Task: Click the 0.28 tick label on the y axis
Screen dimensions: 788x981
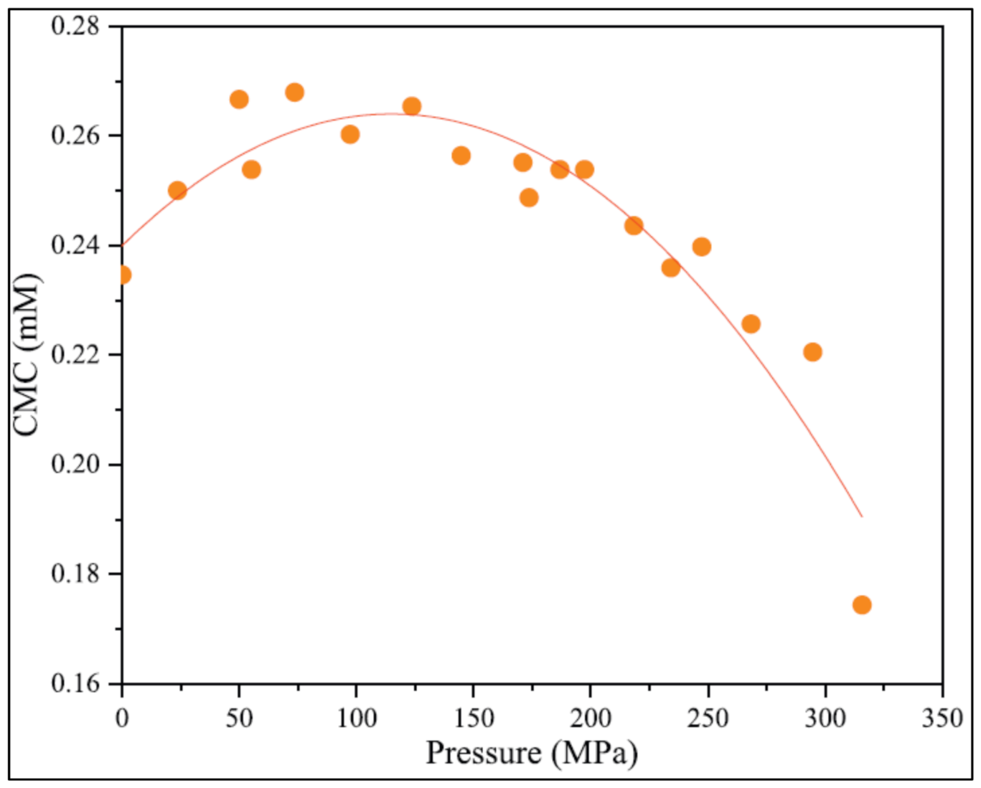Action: coord(76,27)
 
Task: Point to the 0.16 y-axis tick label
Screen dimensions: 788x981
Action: coord(76,683)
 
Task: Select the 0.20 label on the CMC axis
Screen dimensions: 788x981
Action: coord(76,464)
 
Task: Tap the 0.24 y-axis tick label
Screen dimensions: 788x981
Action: coord(76,246)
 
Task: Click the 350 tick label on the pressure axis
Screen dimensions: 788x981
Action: coord(942,718)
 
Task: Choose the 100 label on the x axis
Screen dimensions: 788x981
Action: coord(355,718)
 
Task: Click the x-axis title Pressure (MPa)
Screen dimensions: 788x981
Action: coord(531,754)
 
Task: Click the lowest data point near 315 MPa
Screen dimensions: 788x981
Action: coord(861,605)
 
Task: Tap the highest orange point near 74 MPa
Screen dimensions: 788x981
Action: coord(294,93)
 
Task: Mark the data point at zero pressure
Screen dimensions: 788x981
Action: coord(123,275)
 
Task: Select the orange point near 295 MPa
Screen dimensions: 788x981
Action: coord(812,352)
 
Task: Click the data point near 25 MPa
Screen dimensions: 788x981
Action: coord(178,190)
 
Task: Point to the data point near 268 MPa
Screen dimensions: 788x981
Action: coord(751,324)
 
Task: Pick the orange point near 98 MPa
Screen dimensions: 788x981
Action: coord(350,135)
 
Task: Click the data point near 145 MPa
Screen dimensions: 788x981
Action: coord(461,155)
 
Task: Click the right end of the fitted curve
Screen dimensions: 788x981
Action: coord(861,516)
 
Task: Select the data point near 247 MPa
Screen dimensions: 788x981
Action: coord(701,247)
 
